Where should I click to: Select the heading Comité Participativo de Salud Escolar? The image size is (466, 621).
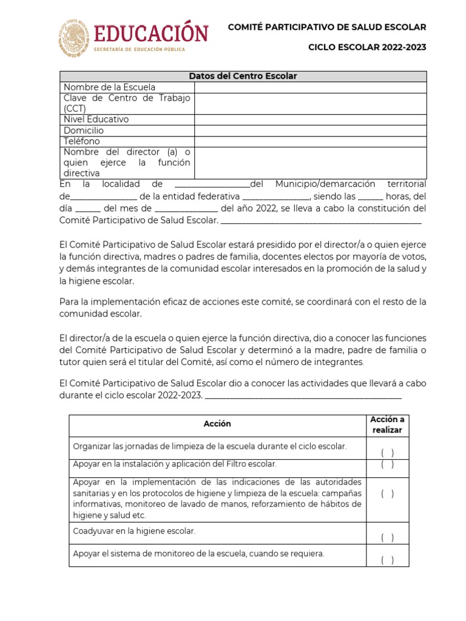point(326,27)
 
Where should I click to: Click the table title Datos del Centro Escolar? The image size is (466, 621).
point(243,76)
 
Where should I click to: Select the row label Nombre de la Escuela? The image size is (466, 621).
point(109,87)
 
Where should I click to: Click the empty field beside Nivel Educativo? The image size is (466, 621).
point(310,119)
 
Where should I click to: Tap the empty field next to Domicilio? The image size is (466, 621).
point(310,130)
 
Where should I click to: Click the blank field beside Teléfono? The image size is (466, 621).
point(310,141)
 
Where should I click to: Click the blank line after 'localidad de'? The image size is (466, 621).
point(212,184)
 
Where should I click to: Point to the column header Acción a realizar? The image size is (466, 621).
point(387,425)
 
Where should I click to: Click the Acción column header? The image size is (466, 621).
point(217,424)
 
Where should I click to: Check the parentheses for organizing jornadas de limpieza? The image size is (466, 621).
point(387,453)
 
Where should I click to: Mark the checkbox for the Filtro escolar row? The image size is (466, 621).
point(387,465)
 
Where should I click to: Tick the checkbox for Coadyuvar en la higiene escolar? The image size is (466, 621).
point(387,537)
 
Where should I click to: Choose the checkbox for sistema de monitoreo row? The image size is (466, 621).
point(387,560)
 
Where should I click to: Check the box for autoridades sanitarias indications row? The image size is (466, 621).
point(387,494)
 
